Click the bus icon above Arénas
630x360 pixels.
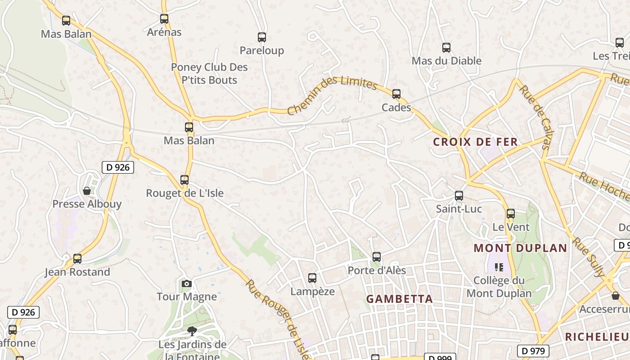coord(164,19)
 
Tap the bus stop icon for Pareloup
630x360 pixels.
coord(262,37)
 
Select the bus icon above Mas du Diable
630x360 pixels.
coord(446,48)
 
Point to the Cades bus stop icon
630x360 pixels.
coord(396,94)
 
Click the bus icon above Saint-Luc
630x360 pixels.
coord(459,196)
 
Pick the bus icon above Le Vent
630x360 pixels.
coord(511,214)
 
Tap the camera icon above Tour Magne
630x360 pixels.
coord(187,283)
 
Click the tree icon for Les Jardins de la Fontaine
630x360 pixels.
coord(192,332)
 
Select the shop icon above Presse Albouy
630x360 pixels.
coord(87,191)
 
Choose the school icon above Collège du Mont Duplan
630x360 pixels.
coord(499,267)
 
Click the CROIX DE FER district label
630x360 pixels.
coord(476,142)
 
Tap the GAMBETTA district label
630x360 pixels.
coord(400,299)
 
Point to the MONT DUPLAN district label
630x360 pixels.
coord(521,248)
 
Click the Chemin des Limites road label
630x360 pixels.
coord(332,95)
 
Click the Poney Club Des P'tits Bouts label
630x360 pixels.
coord(209,74)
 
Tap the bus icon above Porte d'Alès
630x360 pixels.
coord(377,257)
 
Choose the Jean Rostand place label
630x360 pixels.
coord(77,272)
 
